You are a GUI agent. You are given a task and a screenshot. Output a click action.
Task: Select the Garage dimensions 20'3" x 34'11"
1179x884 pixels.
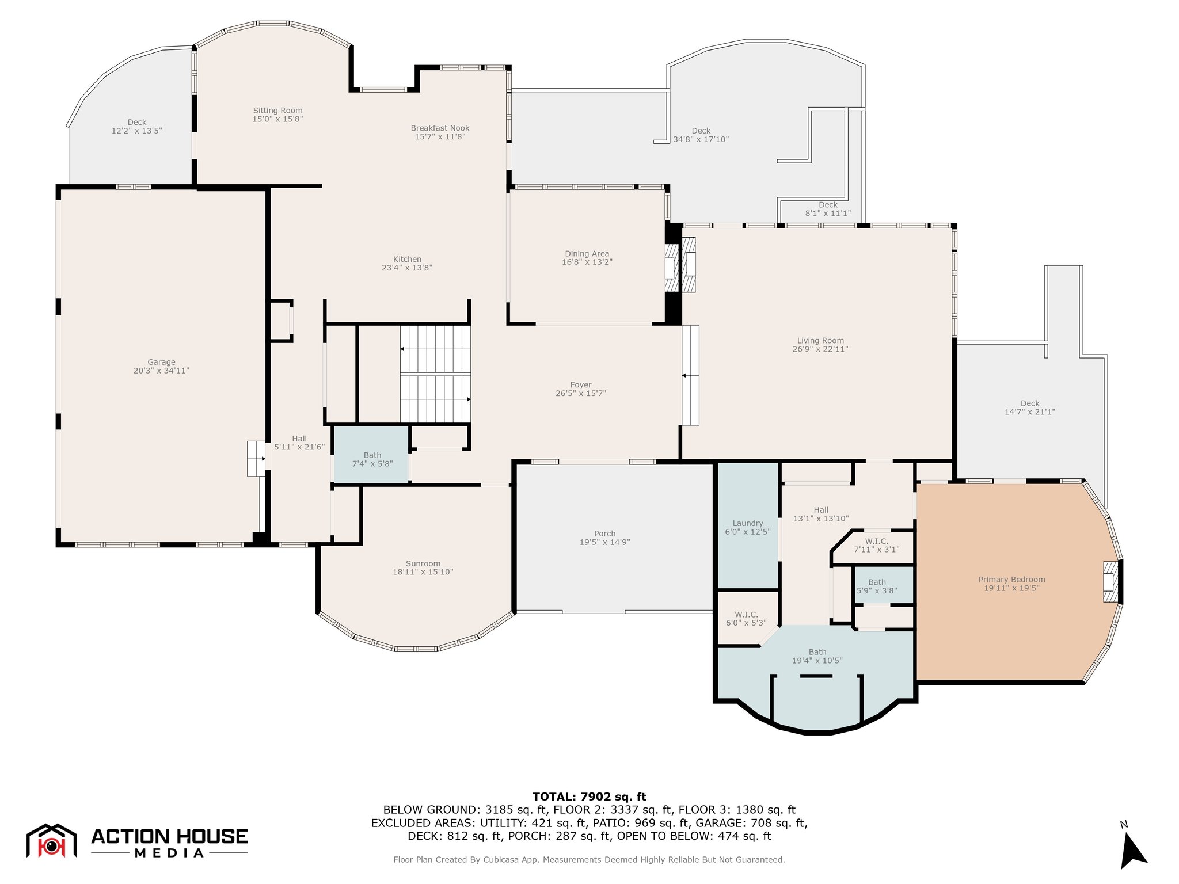(161, 371)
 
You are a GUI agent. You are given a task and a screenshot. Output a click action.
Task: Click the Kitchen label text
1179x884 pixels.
(407, 260)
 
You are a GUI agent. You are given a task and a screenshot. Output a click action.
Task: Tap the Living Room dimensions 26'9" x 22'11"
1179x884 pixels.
(820, 349)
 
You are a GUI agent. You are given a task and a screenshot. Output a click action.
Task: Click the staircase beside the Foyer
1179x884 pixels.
(436, 374)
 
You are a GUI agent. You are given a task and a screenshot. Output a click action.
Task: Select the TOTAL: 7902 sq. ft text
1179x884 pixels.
(589, 797)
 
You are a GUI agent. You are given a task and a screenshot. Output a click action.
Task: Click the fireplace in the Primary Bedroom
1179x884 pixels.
(1110, 582)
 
